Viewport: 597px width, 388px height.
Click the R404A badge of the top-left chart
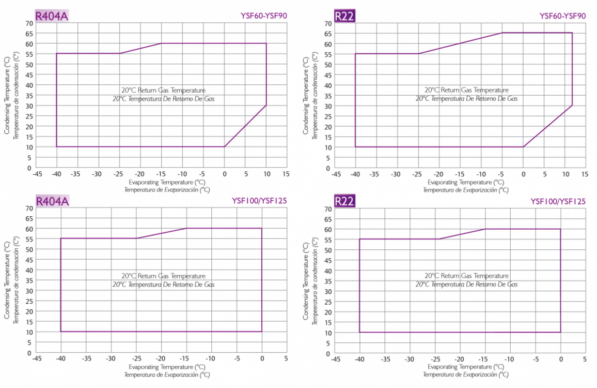52,16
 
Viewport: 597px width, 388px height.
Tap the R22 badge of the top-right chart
344,16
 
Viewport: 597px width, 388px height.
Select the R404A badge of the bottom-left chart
52,201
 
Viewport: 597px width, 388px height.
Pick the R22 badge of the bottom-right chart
344,201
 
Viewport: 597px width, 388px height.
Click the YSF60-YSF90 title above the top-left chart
263,16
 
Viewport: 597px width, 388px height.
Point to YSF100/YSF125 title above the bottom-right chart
558,201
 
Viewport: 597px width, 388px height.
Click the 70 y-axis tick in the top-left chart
28,23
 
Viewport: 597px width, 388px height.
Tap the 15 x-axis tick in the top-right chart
584,174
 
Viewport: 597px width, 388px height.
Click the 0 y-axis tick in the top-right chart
328,168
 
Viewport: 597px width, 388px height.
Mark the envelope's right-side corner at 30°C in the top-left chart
266,106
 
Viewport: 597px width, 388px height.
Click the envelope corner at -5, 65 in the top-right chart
502,33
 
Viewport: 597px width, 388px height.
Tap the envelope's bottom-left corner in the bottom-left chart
61,332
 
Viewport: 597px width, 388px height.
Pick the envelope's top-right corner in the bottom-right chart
560,229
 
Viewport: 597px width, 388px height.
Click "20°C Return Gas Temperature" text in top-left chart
163,91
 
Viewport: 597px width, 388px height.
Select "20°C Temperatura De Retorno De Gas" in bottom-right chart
466,284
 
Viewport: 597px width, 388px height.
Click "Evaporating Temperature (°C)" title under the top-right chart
465,182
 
